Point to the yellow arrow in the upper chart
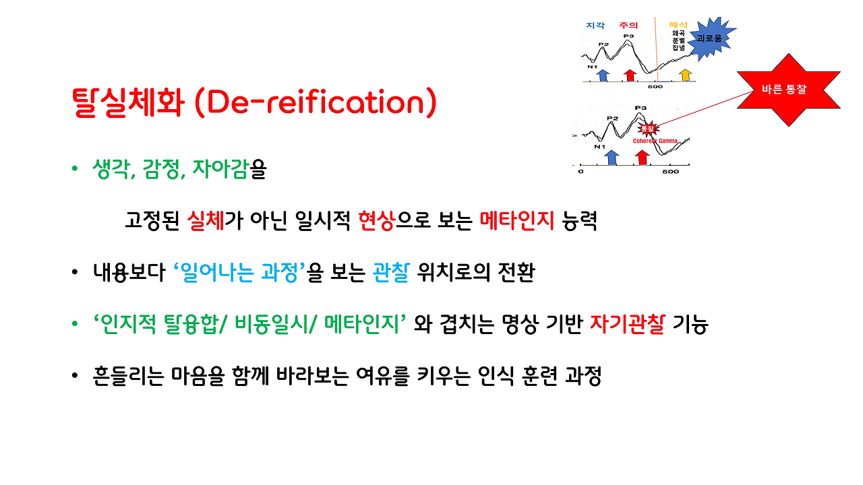[685, 75]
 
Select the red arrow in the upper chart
[630, 75]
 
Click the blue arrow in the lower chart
[612, 157]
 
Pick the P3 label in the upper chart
[628, 36]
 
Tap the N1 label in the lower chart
[599, 146]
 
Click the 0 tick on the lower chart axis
[581, 172]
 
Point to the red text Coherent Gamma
[655, 141]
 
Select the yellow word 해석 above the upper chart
[677, 25]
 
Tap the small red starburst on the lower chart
[647, 128]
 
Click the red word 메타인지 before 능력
[516, 221]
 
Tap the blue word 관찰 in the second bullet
[391, 274]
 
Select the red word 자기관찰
[628, 325]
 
